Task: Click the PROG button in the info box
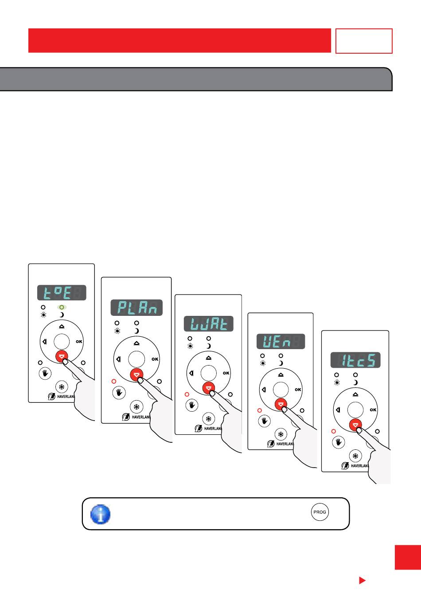(x=320, y=512)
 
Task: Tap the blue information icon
(x=101, y=514)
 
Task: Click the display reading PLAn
(x=136, y=307)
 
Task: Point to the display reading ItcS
(x=355, y=360)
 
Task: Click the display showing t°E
(x=62, y=293)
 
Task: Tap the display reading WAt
(x=208, y=323)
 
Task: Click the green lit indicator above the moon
(x=62, y=307)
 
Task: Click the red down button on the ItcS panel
(x=355, y=425)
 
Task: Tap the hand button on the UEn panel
(x=265, y=421)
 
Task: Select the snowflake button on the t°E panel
(x=62, y=387)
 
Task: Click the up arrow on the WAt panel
(x=209, y=358)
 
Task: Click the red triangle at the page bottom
(x=362, y=580)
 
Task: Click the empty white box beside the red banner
(x=364, y=41)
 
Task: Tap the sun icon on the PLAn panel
(x=117, y=331)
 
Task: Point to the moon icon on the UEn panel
(x=281, y=363)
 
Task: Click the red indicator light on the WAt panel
(x=187, y=394)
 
